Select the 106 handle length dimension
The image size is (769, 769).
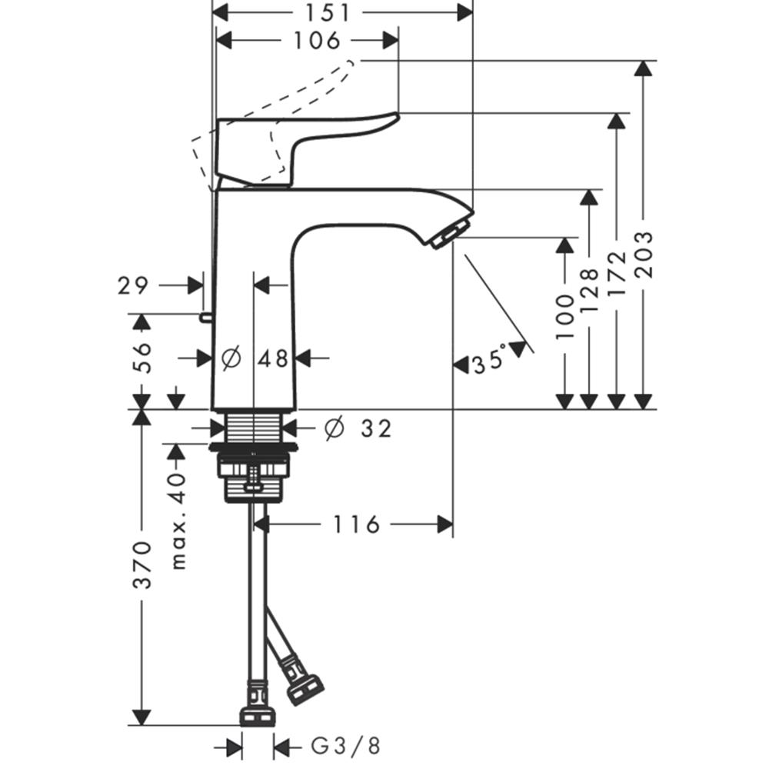pyautogui.click(x=316, y=41)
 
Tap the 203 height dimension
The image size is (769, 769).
pyautogui.click(x=644, y=255)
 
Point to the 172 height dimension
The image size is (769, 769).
pyautogui.click(x=617, y=273)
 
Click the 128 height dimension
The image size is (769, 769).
pyautogui.click(x=589, y=291)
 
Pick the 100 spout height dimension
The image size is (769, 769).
pyautogui.click(x=564, y=317)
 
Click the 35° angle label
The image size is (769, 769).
pyautogui.click(x=489, y=361)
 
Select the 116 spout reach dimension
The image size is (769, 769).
pyautogui.click(x=357, y=524)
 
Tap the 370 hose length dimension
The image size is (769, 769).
pyautogui.click(x=143, y=564)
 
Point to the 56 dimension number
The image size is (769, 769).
pyautogui.click(x=142, y=358)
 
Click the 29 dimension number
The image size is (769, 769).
pyautogui.click(x=132, y=285)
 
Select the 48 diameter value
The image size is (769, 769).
pyautogui.click(x=274, y=358)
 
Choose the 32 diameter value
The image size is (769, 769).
pyautogui.click(x=377, y=428)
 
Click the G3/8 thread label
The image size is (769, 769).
pyautogui.click(x=346, y=747)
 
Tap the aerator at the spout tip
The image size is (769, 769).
pyautogui.click(x=449, y=235)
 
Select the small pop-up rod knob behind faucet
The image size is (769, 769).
pyautogui.click(x=205, y=318)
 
